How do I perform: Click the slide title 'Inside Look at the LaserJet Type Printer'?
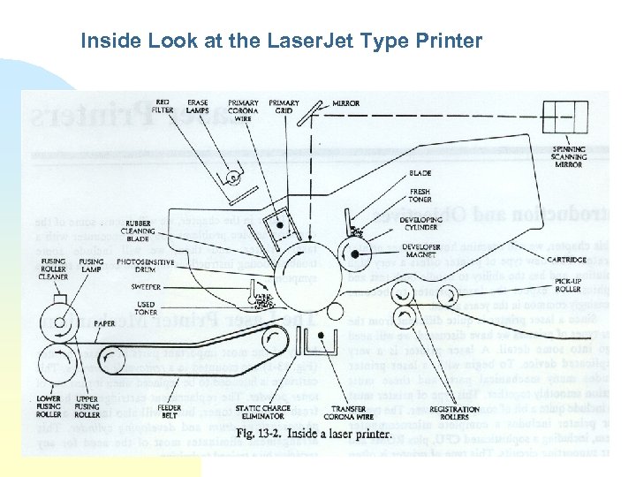pos(281,41)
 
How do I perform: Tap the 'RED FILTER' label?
pos(163,107)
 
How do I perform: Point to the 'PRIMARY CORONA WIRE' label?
pos(243,110)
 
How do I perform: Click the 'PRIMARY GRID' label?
pos(284,107)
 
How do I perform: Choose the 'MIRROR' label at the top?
pos(345,103)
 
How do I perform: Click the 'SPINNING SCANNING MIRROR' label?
pos(569,156)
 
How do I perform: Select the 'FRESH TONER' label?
pos(420,193)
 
